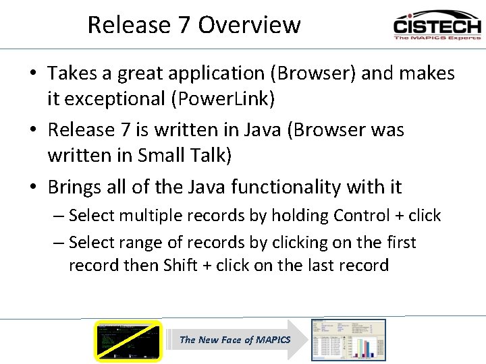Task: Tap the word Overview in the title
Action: (249, 25)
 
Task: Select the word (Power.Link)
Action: (223, 98)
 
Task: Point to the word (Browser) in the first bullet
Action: (310, 73)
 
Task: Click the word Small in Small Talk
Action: (163, 155)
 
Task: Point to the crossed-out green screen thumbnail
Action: (128, 340)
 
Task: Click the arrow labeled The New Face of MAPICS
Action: (236, 340)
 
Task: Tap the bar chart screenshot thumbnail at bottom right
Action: (348, 340)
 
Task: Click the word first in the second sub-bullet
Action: (400, 242)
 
